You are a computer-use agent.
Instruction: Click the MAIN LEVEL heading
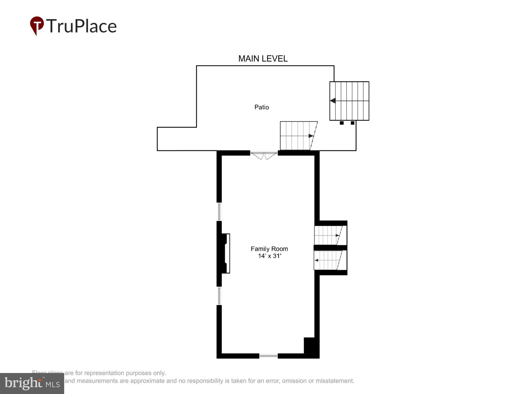[x=263, y=59]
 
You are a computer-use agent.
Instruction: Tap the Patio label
[x=261, y=107]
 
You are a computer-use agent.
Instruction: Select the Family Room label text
[x=269, y=249]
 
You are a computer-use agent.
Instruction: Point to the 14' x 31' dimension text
[x=270, y=256]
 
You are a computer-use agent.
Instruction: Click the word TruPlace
[x=82, y=26]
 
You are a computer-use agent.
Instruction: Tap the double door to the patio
[x=264, y=155]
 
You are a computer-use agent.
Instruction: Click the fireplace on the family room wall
[x=225, y=253]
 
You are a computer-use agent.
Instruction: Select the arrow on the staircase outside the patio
[x=333, y=101]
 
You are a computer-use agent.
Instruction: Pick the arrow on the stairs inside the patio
[x=311, y=136]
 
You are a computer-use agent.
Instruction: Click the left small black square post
[x=342, y=123]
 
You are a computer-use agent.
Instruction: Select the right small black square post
[x=352, y=123]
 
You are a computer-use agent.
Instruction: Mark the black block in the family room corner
[x=309, y=345]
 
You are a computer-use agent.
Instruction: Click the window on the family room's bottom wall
[x=268, y=356]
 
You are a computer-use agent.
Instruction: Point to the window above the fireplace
[x=219, y=212]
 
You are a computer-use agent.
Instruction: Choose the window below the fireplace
[x=219, y=296]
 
